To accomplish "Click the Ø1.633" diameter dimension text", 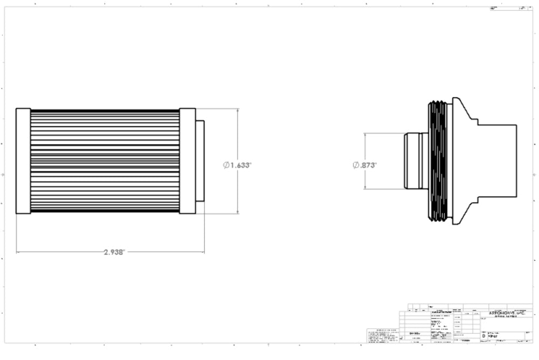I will point(237,165).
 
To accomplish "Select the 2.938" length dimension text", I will point(114,252).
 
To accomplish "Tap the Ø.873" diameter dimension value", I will point(364,165).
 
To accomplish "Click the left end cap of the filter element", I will point(23,161).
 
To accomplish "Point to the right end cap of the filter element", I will point(187,161).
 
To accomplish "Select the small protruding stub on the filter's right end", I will point(200,161).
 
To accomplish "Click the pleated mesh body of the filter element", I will point(105,161).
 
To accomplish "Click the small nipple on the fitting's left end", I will point(413,161).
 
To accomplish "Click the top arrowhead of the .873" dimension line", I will point(365,135).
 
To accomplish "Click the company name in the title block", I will point(506,313).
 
